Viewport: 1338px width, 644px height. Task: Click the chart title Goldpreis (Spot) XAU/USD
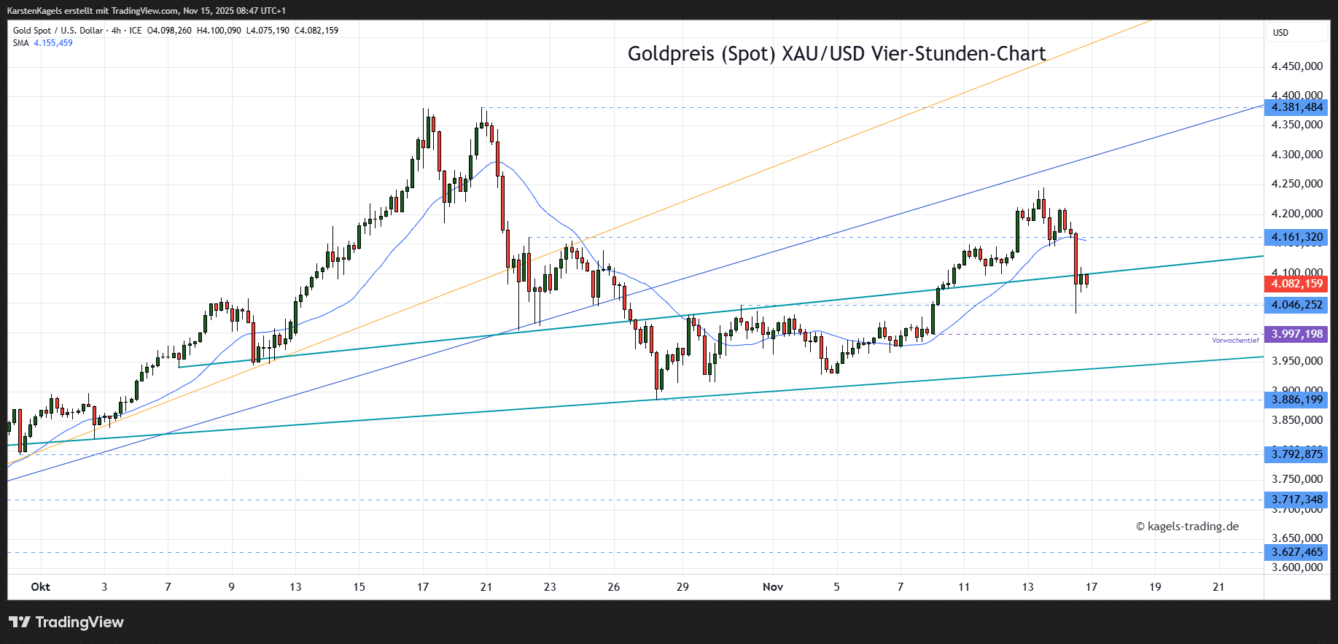[x=836, y=54]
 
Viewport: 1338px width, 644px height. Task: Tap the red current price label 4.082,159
[x=1296, y=284]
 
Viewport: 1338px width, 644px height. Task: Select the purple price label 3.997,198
[x=1296, y=334]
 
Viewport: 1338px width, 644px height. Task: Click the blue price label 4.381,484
[x=1296, y=107]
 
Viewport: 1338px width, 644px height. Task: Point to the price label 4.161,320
[x=1296, y=237]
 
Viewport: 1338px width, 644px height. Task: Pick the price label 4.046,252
[x=1296, y=305]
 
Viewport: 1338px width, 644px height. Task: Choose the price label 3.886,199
[x=1296, y=400]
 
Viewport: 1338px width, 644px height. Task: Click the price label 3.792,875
[x=1296, y=454]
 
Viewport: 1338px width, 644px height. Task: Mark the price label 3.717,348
[x=1296, y=500]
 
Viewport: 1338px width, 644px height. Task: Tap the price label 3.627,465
[x=1296, y=552]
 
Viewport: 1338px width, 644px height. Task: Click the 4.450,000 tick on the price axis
[x=1296, y=66]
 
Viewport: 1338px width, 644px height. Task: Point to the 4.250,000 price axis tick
[x=1296, y=184]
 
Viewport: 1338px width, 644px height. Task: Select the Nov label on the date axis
[x=773, y=587]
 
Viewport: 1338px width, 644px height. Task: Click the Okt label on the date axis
[x=41, y=587]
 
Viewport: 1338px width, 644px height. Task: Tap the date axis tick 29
[x=682, y=587]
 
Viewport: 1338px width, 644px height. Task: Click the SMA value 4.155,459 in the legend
[x=53, y=43]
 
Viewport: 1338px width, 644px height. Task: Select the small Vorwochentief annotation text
[x=1235, y=341]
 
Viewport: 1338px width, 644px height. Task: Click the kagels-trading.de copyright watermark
[x=1188, y=527]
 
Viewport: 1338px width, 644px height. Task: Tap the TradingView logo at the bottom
[x=66, y=622]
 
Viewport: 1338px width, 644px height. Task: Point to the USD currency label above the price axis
[x=1280, y=33]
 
